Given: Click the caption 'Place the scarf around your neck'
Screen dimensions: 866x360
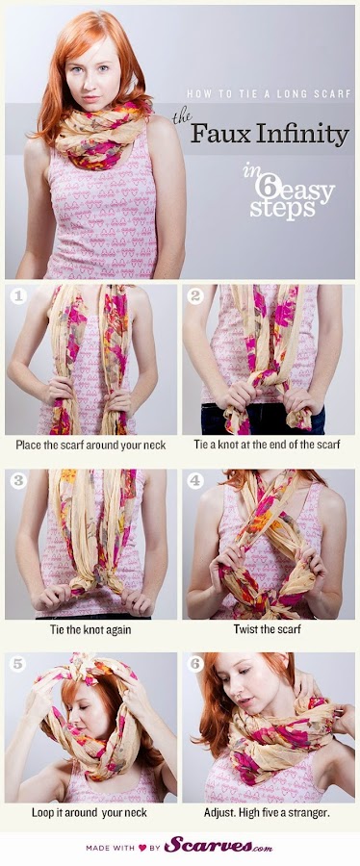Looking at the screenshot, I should (90, 446).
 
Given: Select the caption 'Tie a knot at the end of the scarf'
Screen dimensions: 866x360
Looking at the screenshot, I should (269, 446).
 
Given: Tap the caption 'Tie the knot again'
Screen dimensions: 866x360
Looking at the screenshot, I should (90, 629).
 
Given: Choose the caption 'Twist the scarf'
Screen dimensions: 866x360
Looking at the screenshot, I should (269, 629).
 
